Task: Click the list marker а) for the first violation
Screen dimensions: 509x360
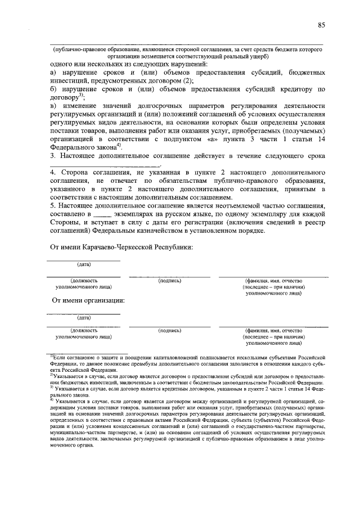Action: tap(53, 73)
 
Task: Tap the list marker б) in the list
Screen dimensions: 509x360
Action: tap(53, 89)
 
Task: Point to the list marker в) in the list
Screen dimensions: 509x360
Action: tap(53, 105)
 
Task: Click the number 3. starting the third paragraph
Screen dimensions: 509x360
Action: tap(52, 154)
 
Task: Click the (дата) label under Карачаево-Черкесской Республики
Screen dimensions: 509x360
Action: tap(83, 264)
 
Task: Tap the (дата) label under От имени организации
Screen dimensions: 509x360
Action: tap(83, 318)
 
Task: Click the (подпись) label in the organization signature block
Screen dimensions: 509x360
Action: tap(169, 331)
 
